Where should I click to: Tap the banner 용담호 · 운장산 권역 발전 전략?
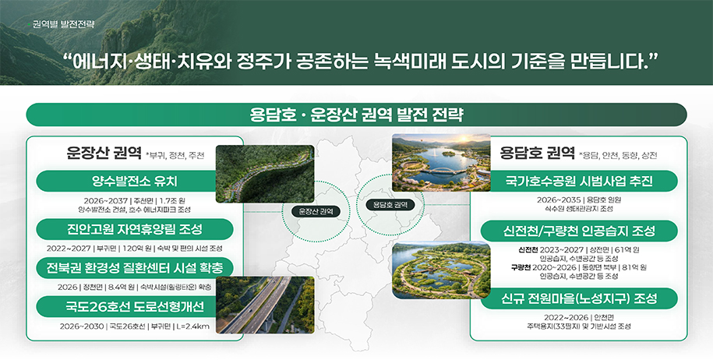click(x=356, y=115)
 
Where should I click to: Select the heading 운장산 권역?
click(x=103, y=152)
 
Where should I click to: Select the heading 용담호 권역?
click(x=538, y=152)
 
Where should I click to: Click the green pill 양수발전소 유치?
click(x=124, y=182)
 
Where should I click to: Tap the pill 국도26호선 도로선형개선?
click(x=125, y=305)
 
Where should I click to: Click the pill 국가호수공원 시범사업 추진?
click(x=577, y=182)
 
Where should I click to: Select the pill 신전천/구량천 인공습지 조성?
click(x=578, y=231)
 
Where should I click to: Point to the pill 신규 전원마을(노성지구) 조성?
click(x=578, y=298)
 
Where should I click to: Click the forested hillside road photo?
click(x=264, y=174)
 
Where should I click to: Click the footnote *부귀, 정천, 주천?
click(x=175, y=156)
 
